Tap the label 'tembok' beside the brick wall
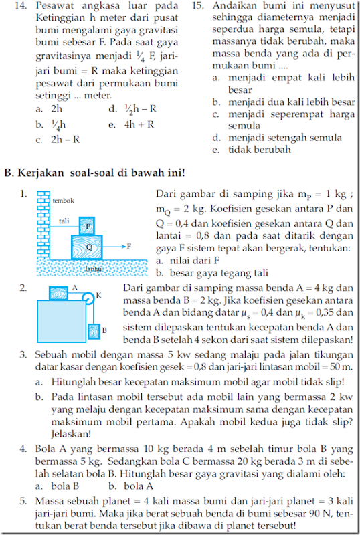click(x=64, y=200)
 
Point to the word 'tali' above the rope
click(x=64, y=220)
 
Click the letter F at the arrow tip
click(x=128, y=247)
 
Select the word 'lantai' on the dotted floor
click(x=94, y=268)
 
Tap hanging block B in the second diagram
click(x=94, y=330)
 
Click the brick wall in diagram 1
click(x=43, y=227)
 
